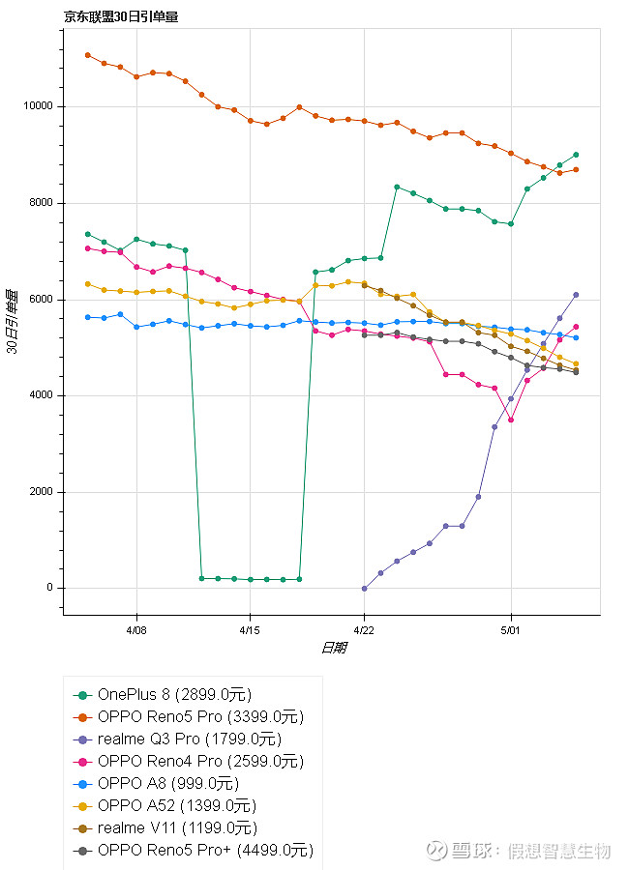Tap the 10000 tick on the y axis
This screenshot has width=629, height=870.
(39, 106)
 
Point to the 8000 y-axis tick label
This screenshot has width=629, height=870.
(42, 203)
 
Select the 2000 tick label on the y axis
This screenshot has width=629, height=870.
(42, 492)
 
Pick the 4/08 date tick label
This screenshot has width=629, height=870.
(135, 628)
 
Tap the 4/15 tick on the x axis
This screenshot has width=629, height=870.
(250, 628)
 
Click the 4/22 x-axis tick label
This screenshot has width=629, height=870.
(364, 628)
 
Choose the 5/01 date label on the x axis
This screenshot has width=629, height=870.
(511, 628)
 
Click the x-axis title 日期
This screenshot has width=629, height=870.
(333, 648)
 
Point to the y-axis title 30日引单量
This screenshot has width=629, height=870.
(13, 321)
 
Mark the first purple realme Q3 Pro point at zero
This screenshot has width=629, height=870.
(364, 588)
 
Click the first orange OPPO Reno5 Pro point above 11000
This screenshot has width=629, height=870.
(87, 55)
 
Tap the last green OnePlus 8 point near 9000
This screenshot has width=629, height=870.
(576, 155)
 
